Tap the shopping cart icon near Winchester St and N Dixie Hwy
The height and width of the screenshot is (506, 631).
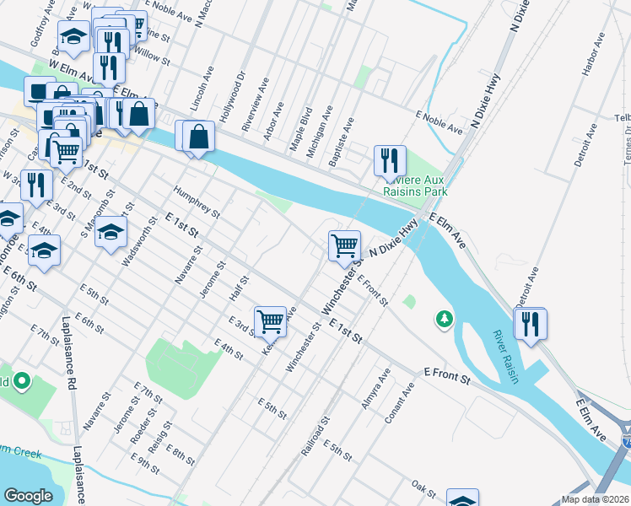pyautogui.click(x=344, y=245)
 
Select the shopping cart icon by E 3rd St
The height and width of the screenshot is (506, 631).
pyautogui.click(x=270, y=320)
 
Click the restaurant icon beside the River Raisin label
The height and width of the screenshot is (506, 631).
pyautogui.click(x=530, y=323)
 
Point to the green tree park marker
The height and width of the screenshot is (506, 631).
pyautogui.click(x=443, y=319)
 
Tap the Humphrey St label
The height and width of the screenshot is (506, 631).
pyautogui.click(x=196, y=201)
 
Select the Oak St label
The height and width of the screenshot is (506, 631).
pyautogui.click(x=423, y=489)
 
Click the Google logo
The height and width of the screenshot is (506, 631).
pyautogui.click(x=29, y=496)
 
